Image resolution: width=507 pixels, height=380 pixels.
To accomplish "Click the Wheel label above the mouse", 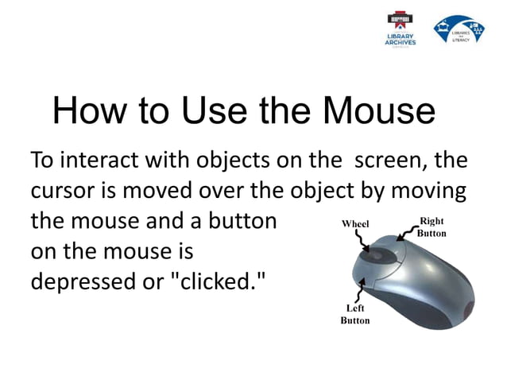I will tap(355, 224).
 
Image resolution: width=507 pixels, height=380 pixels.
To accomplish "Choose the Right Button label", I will tap(432, 227).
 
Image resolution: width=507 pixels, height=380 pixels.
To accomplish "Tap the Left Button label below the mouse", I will tap(355, 314).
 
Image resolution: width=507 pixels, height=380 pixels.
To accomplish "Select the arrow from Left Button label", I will tap(360, 289).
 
